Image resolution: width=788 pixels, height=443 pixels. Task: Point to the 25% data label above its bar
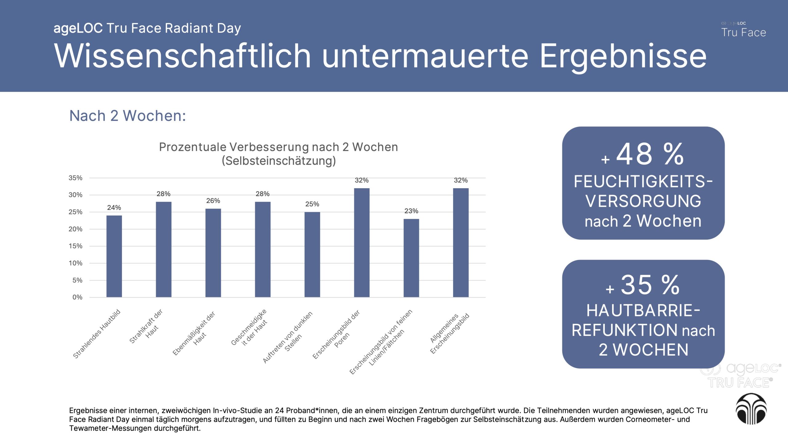[x=312, y=204]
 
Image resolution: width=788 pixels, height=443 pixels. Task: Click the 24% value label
[x=114, y=208]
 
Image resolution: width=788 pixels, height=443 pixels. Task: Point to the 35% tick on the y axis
[x=75, y=178]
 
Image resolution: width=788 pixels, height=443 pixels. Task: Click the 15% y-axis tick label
[x=75, y=246]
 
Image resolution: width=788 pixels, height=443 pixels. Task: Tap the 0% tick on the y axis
[x=77, y=297]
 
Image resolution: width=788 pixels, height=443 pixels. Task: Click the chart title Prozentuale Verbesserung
[x=278, y=147]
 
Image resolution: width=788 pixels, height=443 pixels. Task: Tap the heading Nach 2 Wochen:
[x=127, y=116]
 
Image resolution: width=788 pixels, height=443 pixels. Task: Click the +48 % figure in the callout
[x=643, y=154]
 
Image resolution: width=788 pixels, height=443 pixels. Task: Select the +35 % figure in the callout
[x=643, y=285]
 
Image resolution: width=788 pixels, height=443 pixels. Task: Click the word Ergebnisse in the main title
[x=623, y=56]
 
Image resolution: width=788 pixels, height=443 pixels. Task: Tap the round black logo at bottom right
[x=751, y=409]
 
